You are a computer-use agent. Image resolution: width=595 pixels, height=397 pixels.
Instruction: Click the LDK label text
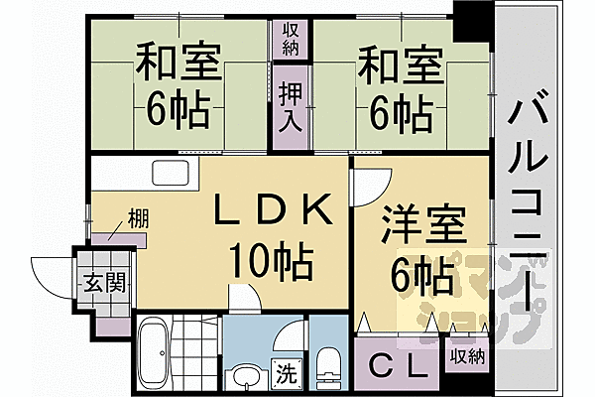pos(271,209)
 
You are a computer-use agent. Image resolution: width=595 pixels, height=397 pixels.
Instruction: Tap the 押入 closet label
pos(290,107)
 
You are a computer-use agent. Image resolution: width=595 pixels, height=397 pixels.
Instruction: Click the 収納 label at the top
pos(290,40)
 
